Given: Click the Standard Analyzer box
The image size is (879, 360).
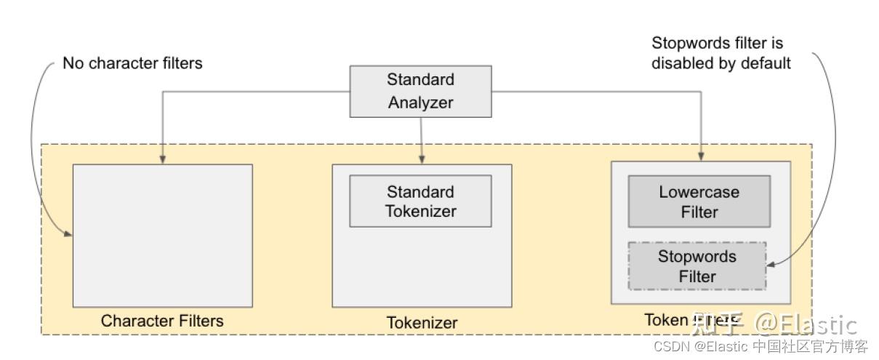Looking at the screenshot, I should (x=420, y=91).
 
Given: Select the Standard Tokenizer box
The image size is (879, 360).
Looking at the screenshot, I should (x=420, y=201).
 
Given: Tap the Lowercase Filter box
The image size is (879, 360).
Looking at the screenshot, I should (x=699, y=201).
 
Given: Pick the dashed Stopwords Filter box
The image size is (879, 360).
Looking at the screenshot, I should (x=697, y=266).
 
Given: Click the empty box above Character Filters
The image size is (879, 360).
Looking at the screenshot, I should (x=162, y=235).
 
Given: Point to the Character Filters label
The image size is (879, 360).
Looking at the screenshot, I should (x=162, y=321).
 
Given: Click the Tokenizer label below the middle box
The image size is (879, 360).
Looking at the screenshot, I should (x=422, y=322).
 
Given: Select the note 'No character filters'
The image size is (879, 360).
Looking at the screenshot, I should (x=132, y=63).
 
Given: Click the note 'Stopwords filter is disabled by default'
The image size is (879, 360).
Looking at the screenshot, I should (x=721, y=53).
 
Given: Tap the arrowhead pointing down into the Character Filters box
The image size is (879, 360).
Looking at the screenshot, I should (x=162, y=159).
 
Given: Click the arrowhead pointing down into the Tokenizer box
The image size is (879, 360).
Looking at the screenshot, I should (x=422, y=159).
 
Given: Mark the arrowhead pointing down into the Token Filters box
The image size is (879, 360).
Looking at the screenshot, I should (x=701, y=156).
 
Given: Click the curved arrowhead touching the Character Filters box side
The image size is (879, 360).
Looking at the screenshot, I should (x=69, y=235).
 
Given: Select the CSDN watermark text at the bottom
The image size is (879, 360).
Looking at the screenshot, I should (x=760, y=346).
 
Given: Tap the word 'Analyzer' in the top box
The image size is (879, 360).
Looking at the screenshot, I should (x=420, y=103).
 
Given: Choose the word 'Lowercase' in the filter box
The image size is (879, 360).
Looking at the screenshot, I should (x=699, y=193).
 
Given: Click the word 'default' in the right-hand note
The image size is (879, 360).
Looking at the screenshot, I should (x=765, y=63).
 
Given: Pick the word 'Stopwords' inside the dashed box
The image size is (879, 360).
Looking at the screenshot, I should (x=697, y=257).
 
